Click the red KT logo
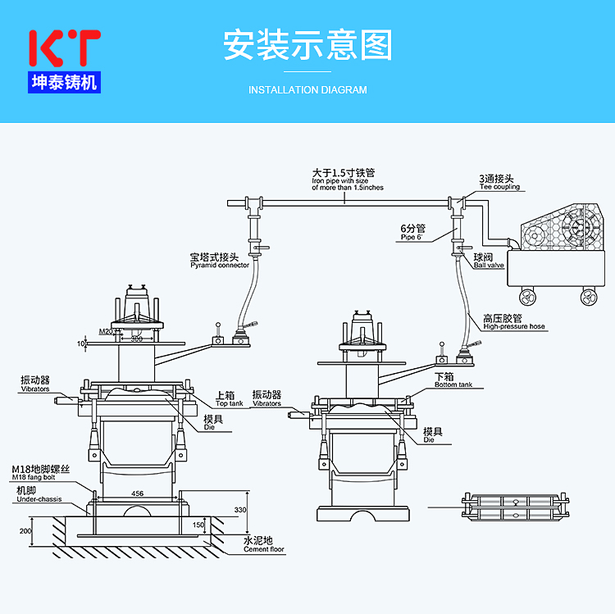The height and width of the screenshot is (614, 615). coord(64,48)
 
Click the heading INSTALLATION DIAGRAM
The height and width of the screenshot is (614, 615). coord(307,90)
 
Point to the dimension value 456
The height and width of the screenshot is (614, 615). coord(137,493)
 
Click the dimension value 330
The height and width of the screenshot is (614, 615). coord(240,510)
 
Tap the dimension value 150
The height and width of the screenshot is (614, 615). coord(198,525)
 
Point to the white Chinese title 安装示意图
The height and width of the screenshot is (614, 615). coord(307,46)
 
